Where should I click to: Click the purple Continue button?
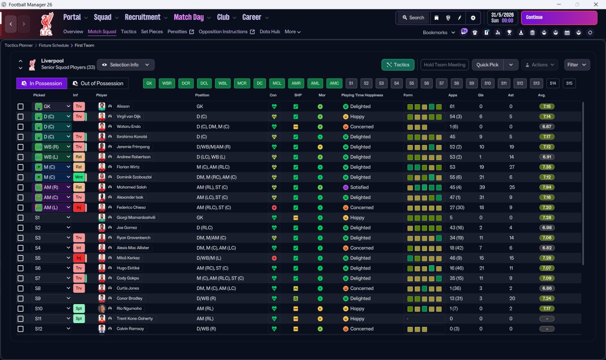coord(559,18)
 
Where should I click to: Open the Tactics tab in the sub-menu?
coord(128,32)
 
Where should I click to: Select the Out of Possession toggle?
coord(98,83)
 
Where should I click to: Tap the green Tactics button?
coord(398,65)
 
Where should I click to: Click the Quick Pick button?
coord(487,65)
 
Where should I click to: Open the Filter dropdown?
coord(577,65)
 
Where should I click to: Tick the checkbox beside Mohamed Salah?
coord(20,187)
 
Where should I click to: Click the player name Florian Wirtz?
coord(128,167)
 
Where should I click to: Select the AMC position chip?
coord(334,83)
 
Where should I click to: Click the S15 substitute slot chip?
coord(569,83)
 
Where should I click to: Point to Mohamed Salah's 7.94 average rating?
coord(547,187)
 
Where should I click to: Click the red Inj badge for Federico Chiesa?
coord(79,207)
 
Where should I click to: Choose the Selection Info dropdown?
coord(125,65)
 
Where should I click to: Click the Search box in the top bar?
coord(413,18)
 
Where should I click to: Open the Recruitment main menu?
coord(143,18)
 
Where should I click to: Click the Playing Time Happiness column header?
coord(362,95)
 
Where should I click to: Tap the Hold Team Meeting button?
coord(444,65)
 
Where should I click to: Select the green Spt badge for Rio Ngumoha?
coord(79,308)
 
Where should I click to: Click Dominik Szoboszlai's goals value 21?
coord(481,177)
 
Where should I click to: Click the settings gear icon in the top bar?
coord(473,18)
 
